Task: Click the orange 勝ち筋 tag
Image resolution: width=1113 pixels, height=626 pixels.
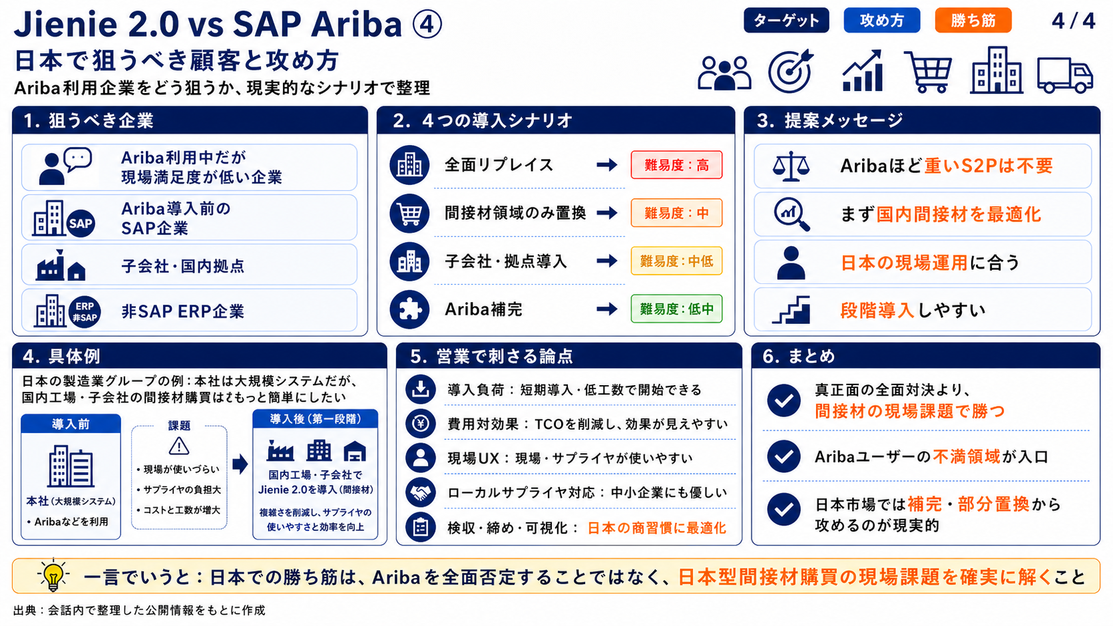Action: [973, 21]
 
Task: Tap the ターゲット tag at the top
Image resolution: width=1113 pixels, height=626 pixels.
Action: [786, 21]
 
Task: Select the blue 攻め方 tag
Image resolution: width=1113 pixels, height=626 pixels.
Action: [881, 21]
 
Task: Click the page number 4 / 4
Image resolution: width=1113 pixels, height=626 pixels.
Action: [1073, 21]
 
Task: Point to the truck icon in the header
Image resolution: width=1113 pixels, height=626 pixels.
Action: [1065, 75]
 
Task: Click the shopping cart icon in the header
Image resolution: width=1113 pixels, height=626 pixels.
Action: [928, 72]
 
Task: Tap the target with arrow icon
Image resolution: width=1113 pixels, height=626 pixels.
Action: [790, 71]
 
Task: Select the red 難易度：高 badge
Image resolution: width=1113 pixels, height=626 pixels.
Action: [676, 165]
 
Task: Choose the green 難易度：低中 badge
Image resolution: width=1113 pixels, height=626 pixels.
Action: [676, 309]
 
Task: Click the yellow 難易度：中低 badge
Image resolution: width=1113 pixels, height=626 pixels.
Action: [676, 261]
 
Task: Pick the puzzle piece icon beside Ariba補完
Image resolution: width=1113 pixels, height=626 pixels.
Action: [409, 309]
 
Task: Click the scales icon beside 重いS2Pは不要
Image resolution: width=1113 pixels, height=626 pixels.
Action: [791, 166]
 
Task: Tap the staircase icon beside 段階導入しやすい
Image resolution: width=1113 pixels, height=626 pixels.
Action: [791, 310]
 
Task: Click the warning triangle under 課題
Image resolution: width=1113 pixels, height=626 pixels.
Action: [179, 446]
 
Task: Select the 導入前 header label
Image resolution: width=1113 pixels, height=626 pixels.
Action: [71, 424]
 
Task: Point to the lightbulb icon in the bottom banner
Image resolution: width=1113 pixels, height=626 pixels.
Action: [53, 575]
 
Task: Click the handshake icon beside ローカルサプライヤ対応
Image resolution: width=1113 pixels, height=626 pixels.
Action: [420, 492]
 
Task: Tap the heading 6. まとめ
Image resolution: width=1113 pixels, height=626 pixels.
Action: [799, 356]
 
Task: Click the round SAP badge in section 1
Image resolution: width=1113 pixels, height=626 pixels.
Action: [81, 223]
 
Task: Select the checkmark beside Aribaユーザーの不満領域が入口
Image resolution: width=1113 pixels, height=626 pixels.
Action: [783, 456]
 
